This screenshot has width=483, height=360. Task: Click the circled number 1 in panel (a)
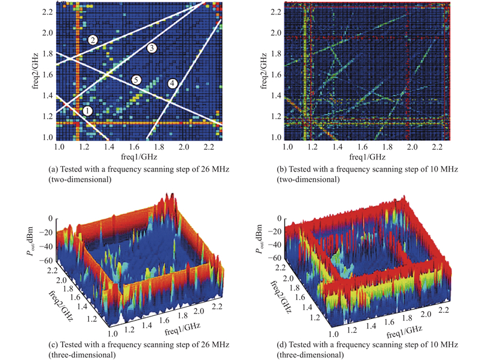pos(88,111)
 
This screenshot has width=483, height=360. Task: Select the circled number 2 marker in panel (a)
pos(92,40)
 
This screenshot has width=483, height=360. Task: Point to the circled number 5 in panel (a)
pos(136,80)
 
